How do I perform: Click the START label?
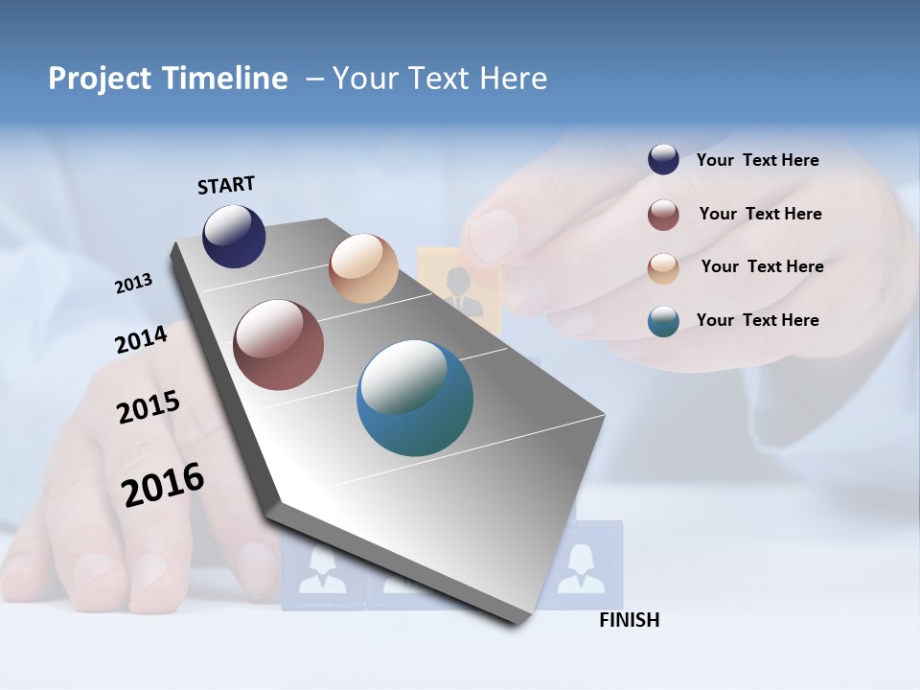pyautogui.click(x=226, y=185)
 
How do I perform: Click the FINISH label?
pyautogui.click(x=629, y=620)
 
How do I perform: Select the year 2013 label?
pyautogui.click(x=134, y=284)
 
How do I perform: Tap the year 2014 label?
pyautogui.click(x=142, y=339)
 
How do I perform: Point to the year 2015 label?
pyautogui.click(x=149, y=407)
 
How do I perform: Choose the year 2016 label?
pyautogui.click(x=163, y=484)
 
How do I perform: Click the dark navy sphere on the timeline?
pyautogui.click(x=234, y=236)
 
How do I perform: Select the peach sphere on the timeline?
pyautogui.click(x=363, y=268)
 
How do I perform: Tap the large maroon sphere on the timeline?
pyautogui.click(x=279, y=345)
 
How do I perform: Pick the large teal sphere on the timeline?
pyautogui.click(x=415, y=398)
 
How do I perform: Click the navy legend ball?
pyautogui.click(x=663, y=160)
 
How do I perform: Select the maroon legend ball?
pyautogui.click(x=663, y=215)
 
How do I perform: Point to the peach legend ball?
pyautogui.click(x=663, y=268)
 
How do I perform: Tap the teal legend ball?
pyautogui.click(x=663, y=321)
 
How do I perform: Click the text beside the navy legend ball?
pyautogui.click(x=757, y=160)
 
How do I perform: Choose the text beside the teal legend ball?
pyautogui.click(x=757, y=320)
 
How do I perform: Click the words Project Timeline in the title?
pyautogui.click(x=168, y=79)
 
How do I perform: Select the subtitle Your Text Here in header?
pyautogui.click(x=439, y=79)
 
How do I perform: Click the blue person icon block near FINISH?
pyautogui.click(x=581, y=565)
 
